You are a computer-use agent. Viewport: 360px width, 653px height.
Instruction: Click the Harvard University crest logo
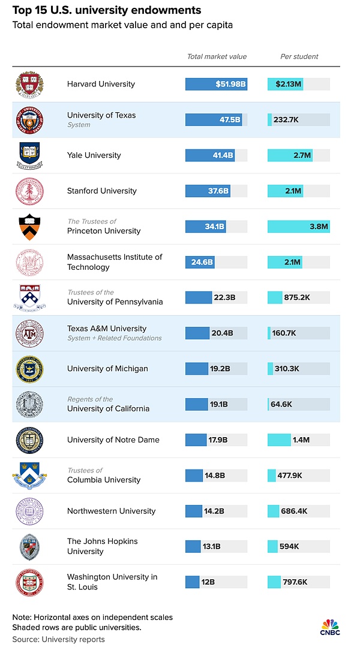(29, 84)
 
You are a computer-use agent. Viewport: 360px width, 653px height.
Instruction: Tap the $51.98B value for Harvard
(231, 84)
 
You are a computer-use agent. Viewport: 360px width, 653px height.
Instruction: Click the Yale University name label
(94, 155)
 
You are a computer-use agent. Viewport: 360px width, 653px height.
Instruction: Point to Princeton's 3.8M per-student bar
(298, 227)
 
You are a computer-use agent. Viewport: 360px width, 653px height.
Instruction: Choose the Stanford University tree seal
(29, 191)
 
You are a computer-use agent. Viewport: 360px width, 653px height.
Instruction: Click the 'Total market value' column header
(217, 57)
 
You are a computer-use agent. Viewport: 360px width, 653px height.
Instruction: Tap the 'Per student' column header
(299, 57)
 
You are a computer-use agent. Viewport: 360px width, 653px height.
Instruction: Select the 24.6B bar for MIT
(200, 262)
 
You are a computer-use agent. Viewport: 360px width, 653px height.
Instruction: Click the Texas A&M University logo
(29, 333)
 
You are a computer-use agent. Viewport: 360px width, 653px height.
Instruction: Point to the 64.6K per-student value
(281, 405)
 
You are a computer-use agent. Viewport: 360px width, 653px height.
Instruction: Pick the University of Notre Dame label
(113, 440)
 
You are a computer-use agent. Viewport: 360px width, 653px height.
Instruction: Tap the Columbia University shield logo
(29, 476)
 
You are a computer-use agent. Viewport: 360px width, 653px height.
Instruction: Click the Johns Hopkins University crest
(29, 547)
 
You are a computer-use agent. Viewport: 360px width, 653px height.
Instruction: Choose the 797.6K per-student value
(296, 583)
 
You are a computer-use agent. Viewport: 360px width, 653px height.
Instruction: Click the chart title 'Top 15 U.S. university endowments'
(107, 11)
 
